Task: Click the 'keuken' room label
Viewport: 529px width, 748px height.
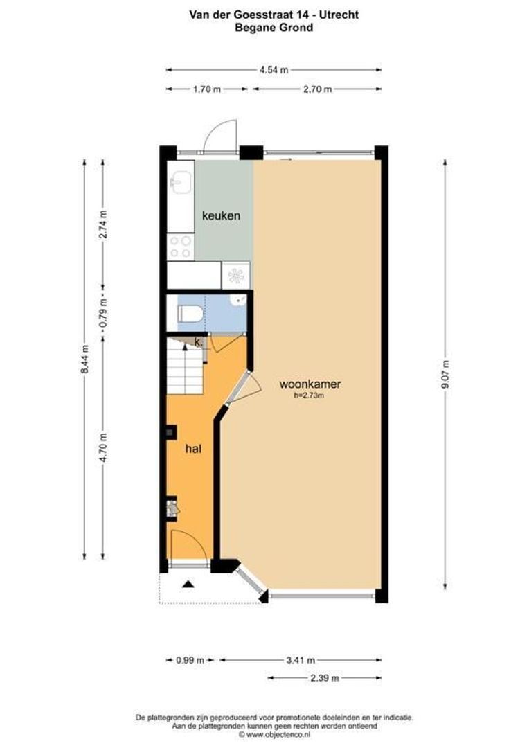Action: (221, 215)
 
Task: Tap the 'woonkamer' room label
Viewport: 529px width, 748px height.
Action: (311, 384)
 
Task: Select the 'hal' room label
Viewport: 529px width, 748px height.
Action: (193, 449)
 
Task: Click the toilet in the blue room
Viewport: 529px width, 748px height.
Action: (190, 314)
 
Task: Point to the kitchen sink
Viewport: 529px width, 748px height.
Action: (179, 183)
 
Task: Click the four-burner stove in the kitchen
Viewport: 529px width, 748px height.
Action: (180, 247)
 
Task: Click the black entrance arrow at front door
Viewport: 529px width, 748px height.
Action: (187, 585)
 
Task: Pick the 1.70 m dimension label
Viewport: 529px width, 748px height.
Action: (206, 89)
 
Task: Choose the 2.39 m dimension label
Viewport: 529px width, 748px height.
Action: (324, 677)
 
